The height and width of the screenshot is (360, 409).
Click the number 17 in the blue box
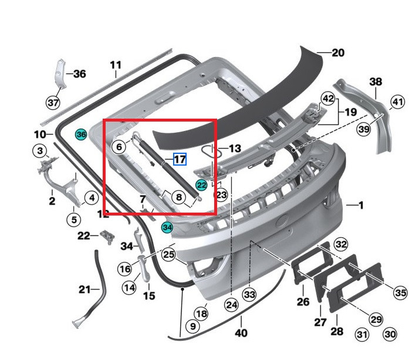point(180,159)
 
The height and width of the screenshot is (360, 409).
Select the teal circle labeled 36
point(81,134)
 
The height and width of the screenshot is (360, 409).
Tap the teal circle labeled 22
point(201,185)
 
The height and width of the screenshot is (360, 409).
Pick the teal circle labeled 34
point(167,227)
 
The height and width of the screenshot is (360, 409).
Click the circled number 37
point(53,103)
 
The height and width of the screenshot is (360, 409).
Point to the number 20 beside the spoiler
point(337,53)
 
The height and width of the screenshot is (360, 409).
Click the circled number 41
point(398,103)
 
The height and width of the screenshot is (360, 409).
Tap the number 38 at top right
point(376,81)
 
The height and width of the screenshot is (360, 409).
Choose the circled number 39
point(364,130)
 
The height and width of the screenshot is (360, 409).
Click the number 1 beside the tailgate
point(361,205)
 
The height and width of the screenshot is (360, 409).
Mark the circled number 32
point(340,244)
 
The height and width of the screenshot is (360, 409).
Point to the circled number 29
point(376,318)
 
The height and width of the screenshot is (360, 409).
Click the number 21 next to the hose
point(85,290)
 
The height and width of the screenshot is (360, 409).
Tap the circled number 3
point(40,152)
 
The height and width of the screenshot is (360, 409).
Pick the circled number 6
point(119,147)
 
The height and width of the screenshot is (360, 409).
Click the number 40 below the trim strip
point(241,333)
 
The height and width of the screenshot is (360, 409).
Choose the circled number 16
point(124,269)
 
